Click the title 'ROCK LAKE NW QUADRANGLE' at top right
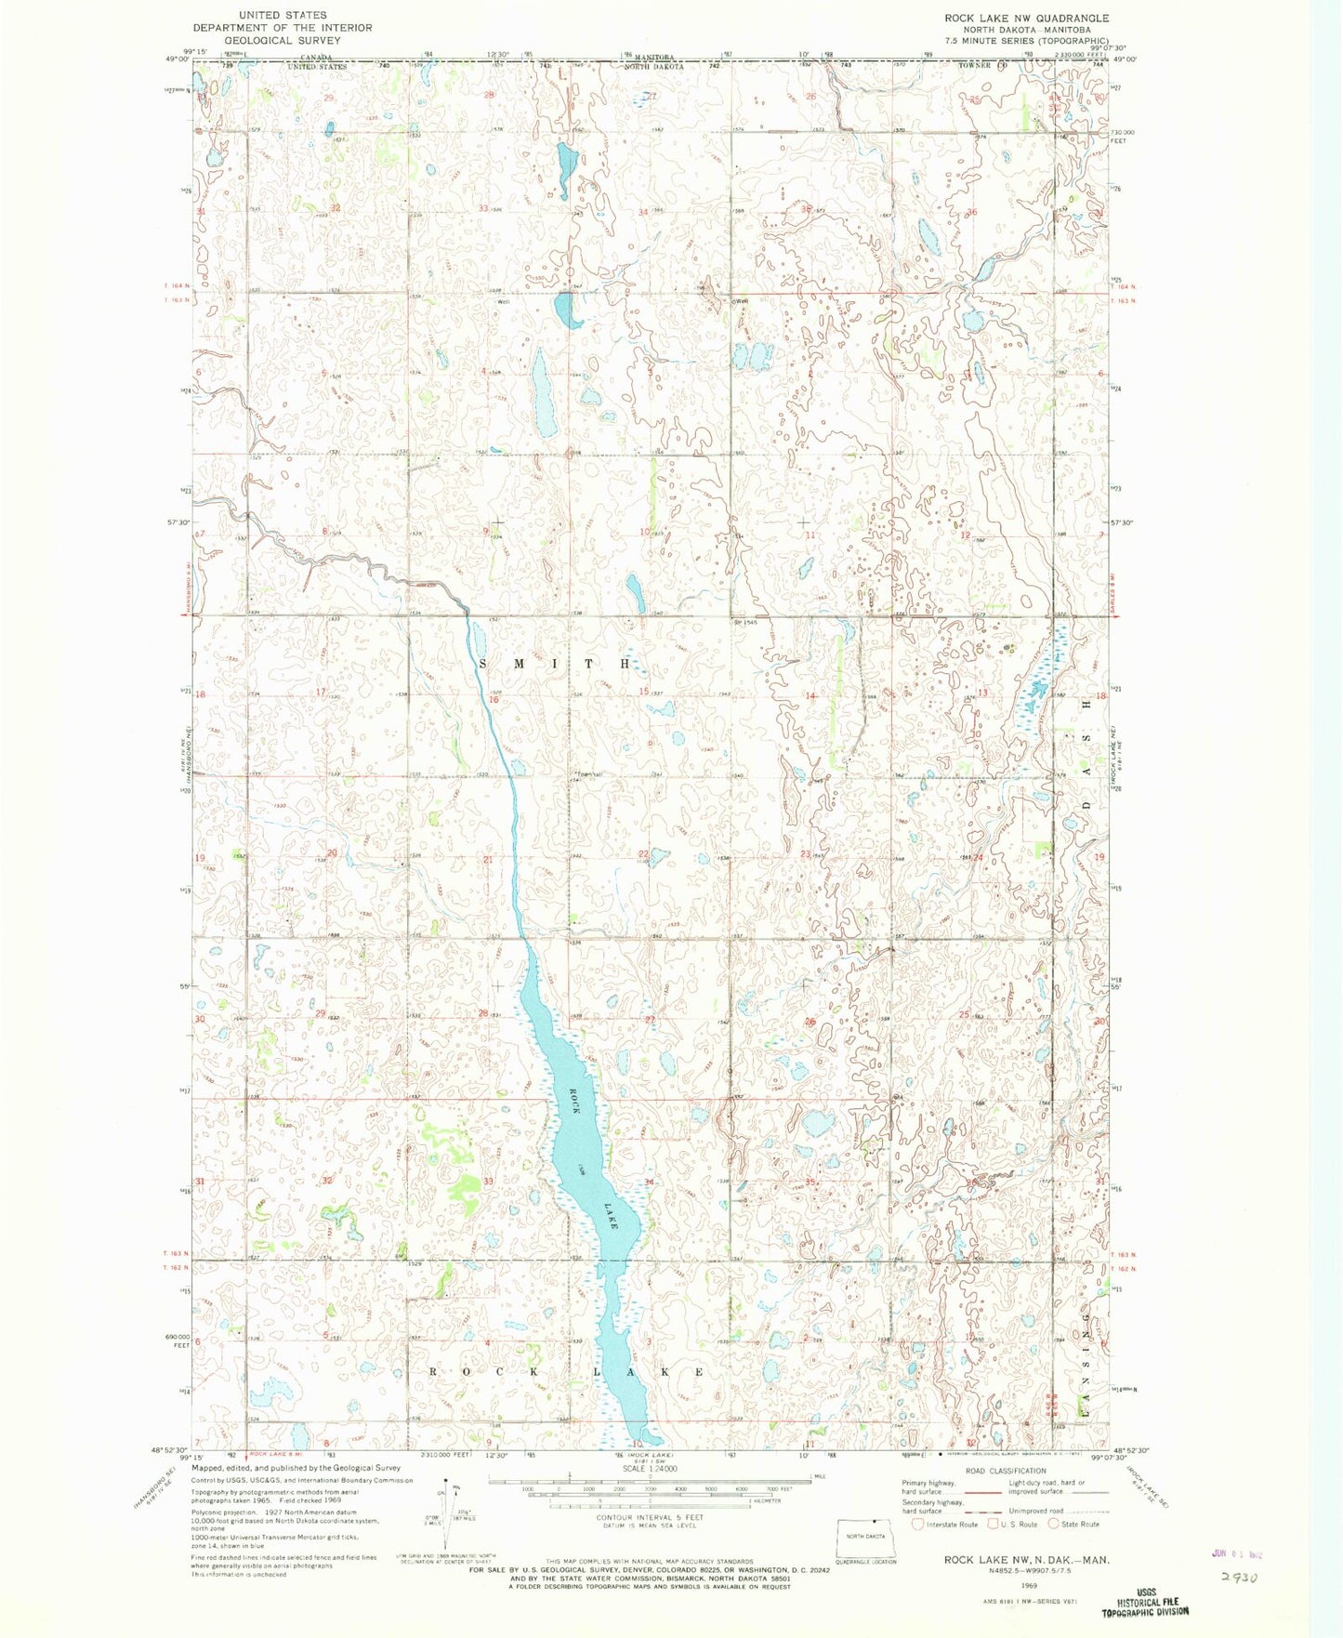(1013, 18)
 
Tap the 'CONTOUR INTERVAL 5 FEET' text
(649, 1518)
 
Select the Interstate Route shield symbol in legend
(919, 1524)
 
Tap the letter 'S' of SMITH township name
(484, 664)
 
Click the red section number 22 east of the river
(642, 853)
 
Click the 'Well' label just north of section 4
(504, 301)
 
